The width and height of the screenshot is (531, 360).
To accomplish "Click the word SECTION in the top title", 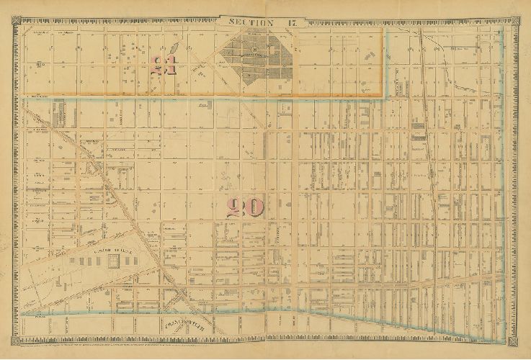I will [251, 22].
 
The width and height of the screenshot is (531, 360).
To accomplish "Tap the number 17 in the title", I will [288, 22].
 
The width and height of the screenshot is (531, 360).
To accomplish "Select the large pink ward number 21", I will [164, 67].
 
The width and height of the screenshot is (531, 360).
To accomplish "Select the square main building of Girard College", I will [113, 260].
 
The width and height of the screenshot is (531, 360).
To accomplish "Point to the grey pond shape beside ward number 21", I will [177, 53].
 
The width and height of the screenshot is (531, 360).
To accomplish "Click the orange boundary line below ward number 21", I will [202, 96].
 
